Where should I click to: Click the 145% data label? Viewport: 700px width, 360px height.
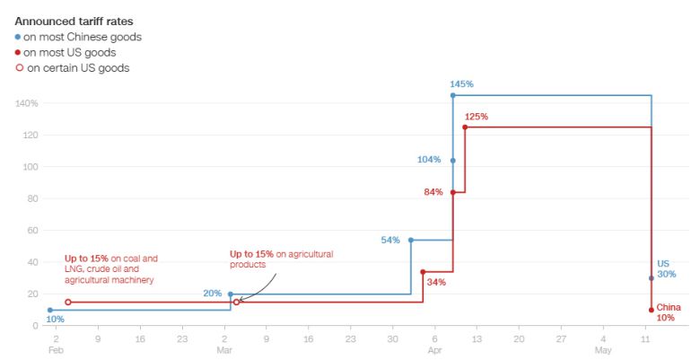tap(461, 84)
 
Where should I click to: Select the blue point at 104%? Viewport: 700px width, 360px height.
tap(452, 161)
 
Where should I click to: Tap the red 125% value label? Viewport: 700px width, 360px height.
tap(476, 117)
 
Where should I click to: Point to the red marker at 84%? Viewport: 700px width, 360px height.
tap(452, 192)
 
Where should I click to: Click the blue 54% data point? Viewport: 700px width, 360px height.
tap(411, 240)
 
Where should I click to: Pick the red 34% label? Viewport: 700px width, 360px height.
tap(436, 282)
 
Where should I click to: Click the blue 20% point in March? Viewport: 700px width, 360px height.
tap(231, 294)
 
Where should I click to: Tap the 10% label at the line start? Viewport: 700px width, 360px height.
tap(55, 319)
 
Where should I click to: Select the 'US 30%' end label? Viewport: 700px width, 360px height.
tap(666, 268)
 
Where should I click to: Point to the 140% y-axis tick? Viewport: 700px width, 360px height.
tap(25, 103)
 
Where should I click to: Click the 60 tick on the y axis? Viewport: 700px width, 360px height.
tap(31, 230)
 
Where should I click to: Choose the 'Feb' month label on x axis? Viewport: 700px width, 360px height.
tap(55, 351)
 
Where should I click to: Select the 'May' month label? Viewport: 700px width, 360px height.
tap(603, 351)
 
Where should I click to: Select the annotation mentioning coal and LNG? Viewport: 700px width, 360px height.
tap(111, 269)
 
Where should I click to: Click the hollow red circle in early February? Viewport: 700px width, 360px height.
tap(68, 303)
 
